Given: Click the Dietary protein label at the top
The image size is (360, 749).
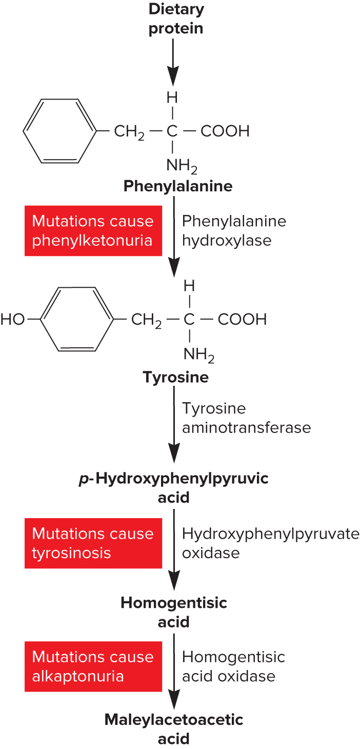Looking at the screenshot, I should coord(176,18).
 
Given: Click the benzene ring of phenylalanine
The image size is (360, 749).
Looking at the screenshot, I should coord(59,131).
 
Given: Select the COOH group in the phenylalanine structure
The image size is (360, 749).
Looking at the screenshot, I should coord(225,131).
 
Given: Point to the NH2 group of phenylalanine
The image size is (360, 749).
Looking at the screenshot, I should coord(181,166).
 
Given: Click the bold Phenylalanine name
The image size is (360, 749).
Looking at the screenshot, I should coord(178,186).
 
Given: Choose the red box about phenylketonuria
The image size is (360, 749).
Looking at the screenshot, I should coord(93,231).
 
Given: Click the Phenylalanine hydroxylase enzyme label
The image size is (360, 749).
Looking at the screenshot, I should coord(234,231).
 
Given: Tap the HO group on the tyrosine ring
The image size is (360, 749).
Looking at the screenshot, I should coord(13,320).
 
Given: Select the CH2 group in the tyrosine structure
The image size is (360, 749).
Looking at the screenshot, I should coord(147,320).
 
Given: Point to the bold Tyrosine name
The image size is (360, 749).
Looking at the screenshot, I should coord(176,378).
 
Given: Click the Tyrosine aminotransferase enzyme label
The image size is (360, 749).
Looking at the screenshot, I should coord(246,418).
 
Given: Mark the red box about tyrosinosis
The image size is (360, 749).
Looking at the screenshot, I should coord(93,543).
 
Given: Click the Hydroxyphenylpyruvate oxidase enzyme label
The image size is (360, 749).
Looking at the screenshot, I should coord(270,543).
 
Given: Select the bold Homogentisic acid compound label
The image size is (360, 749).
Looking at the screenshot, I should coord(174,612).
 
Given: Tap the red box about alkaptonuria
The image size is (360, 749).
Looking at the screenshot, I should coord(93,666).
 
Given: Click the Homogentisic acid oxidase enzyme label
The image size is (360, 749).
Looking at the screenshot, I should coord(233,666).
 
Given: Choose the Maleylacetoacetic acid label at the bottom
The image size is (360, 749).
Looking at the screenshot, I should coord(174,728).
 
